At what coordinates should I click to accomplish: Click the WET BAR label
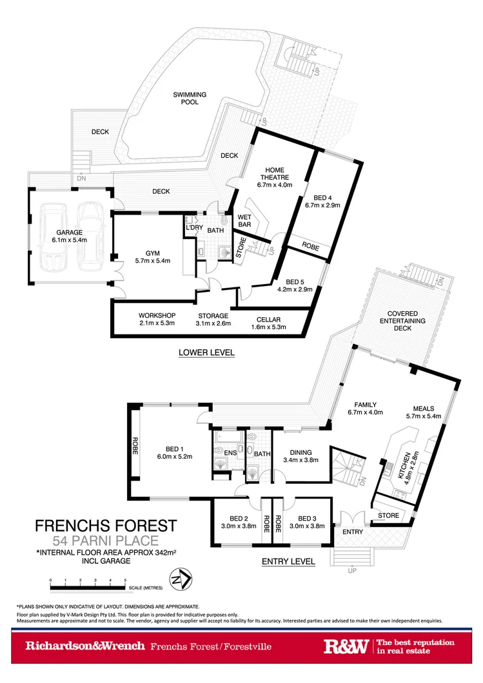point(245,221)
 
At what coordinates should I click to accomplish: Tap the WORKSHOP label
point(157,316)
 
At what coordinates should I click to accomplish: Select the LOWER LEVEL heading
point(207,352)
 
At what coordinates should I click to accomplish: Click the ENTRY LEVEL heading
point(288,562)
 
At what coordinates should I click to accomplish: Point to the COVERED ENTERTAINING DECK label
point(402,320)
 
